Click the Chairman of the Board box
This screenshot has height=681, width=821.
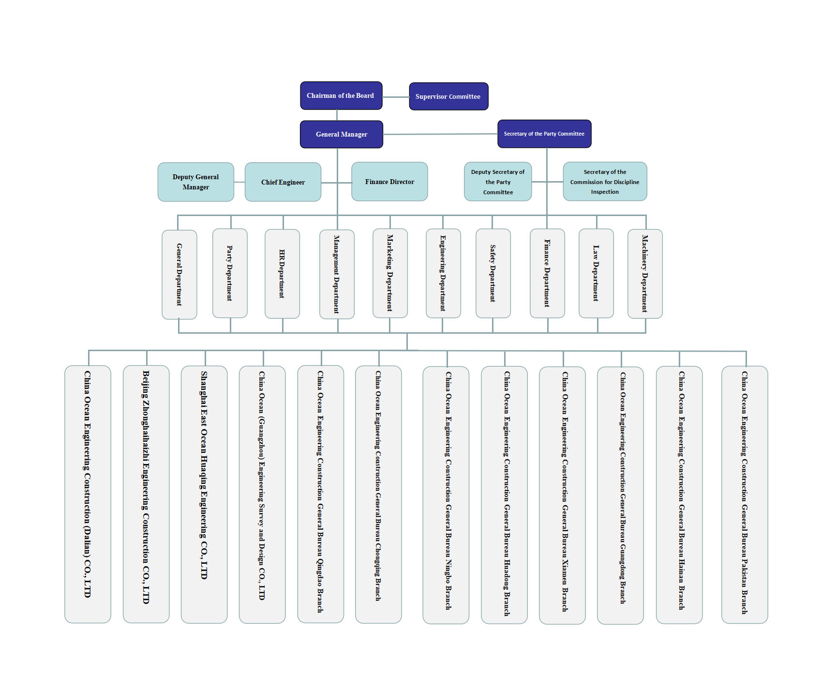(341, 95)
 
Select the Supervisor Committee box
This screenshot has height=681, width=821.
(448, 96)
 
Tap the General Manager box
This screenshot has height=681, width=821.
(342, 134)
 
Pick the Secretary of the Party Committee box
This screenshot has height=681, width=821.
(544, 134)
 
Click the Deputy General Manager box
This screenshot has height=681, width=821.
(196, 182)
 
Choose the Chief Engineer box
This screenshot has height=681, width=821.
(283, 182)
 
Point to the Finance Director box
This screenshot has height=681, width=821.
(389, 182)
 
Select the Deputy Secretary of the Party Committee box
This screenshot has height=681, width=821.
(498, 182)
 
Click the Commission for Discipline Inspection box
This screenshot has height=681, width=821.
(605, 182)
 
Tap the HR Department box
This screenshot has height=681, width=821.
(282, 274)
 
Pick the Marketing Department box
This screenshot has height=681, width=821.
(390, 273)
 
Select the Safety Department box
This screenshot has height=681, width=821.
(493, 274)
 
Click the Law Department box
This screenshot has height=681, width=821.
(596, 274)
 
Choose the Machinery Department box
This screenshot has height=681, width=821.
(645, 274)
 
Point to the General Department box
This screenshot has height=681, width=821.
(179, 275)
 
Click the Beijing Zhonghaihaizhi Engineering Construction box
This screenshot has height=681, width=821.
(146, 494)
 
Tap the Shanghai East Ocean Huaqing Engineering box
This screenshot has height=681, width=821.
(204, 495)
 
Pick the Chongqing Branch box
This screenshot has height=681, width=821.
(378, 495)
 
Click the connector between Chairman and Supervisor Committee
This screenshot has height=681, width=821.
(396, 97)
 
